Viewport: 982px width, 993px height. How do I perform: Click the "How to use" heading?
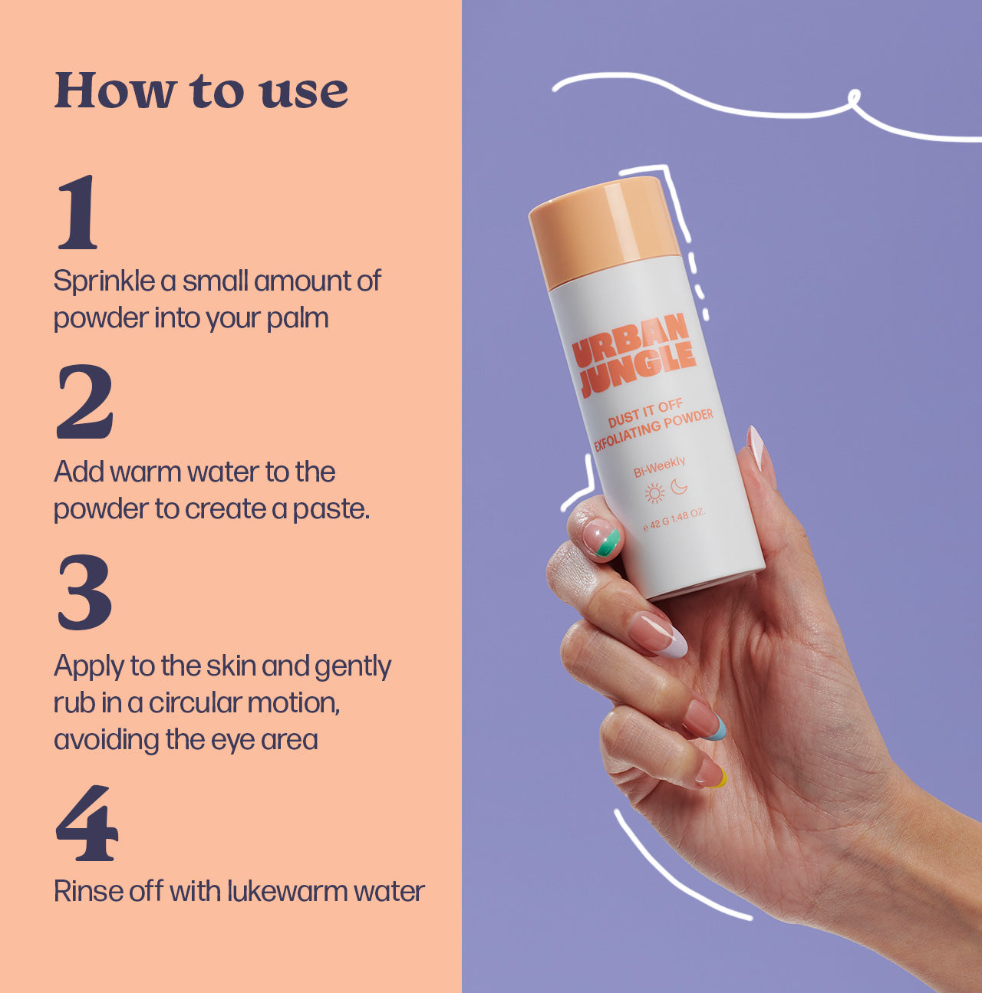201,90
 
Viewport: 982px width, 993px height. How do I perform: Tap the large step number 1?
78,212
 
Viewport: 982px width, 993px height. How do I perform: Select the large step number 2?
84,402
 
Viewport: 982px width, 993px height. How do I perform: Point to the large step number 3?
84,592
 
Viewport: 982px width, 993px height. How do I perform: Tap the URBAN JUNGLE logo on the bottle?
634,355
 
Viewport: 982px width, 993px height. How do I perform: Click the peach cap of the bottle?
605,231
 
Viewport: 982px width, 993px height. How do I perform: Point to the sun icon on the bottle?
655,493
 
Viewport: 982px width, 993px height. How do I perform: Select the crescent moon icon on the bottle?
679,486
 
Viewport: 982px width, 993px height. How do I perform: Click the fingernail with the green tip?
602,538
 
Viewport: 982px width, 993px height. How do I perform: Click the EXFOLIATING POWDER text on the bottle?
654,430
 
